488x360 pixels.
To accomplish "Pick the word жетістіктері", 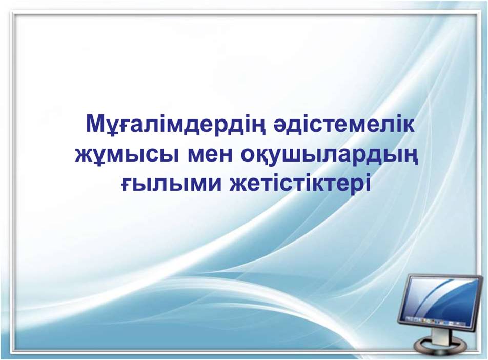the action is pyautogui.click(x=300, y=184).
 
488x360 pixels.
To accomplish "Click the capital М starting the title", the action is pyautogui.click(x=95, y=124).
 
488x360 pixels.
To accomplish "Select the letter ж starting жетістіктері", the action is pyautogui.click(x=240, y=185).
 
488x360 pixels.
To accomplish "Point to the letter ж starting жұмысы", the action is pyautogui.click(x=85, y=156).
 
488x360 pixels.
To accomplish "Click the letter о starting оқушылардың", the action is pyautogui.click(x=248, y=156).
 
